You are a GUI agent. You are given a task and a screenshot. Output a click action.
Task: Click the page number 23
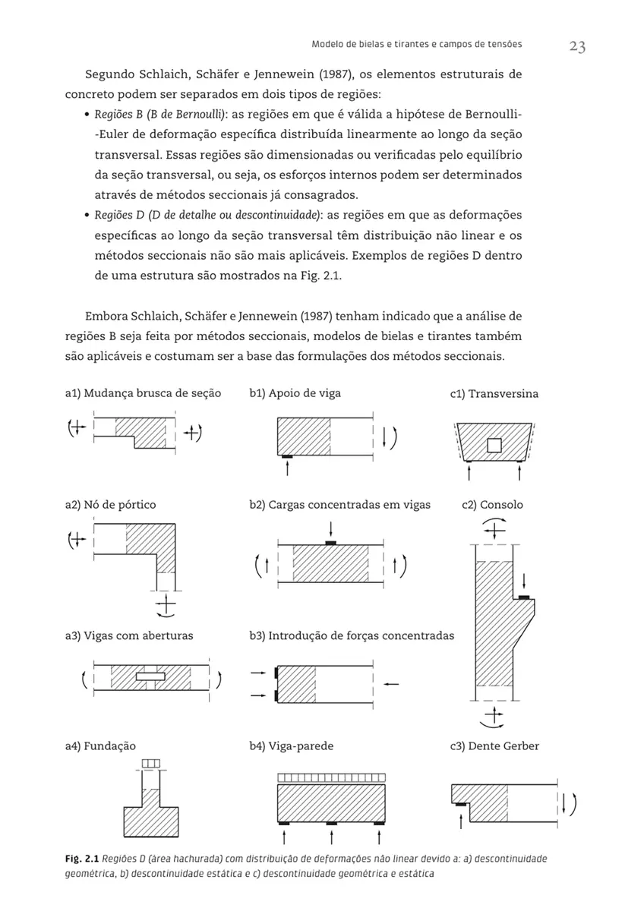coord(576,47)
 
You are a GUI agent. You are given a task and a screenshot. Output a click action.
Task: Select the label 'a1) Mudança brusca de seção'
coord(144,393)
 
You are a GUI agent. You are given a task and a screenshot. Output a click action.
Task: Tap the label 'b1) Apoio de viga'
coord(295,392)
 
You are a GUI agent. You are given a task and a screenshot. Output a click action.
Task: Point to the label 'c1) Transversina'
coord(494,394)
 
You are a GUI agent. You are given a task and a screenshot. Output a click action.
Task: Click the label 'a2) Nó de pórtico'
coord(111,504)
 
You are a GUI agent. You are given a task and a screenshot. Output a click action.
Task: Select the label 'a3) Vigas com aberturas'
coord(129,635)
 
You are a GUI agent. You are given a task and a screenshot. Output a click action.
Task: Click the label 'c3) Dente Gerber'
coord(494,746)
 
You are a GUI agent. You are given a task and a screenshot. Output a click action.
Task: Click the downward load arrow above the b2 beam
coord(331,529)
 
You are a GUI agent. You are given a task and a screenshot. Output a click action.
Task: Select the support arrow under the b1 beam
coord(287,468)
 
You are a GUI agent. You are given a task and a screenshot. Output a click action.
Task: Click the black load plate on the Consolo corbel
coord(524,598)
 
